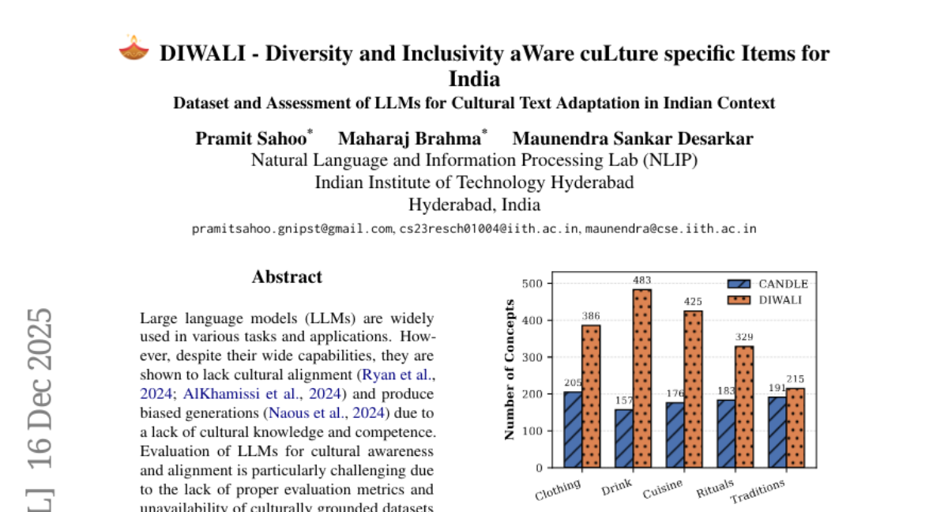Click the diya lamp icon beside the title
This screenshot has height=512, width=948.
tap(134, 48)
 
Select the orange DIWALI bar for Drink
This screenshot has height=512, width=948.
tap(642, 378)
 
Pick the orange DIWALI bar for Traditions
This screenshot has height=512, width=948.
tap(796, 427)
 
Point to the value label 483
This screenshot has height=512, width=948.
tap(642, 280)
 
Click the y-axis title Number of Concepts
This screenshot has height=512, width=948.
tap(510, 369)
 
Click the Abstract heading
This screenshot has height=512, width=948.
tap(287, 277)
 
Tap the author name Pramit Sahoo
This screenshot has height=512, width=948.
tap(251, 139)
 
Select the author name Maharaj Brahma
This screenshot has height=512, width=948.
tap(409, 139)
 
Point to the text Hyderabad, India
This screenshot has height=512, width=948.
tap(474, 205)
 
